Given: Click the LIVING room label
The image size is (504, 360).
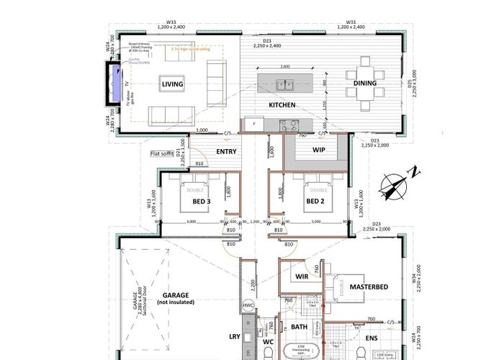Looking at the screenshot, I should point(172,84).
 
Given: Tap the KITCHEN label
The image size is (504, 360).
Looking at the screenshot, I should point(282,105).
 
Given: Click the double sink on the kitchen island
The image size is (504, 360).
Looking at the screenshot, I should point(287,85).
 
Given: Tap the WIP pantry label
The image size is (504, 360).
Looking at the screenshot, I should point(319,151).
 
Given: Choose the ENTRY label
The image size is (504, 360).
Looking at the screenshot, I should point(226,151).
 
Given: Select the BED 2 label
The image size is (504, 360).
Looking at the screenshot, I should point(314,202).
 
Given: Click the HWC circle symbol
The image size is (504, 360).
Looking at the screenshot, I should point(249,305).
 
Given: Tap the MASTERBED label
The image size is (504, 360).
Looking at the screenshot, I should point(369,287).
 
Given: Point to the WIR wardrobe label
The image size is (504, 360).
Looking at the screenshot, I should point(302,276).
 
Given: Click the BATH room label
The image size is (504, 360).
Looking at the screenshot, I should point(299,327).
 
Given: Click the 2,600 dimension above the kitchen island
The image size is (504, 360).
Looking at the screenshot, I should point(285,67).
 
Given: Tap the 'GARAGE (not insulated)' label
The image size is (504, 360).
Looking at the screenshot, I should point(176,299).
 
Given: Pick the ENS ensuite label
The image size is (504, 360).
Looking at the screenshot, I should point(372,337).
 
